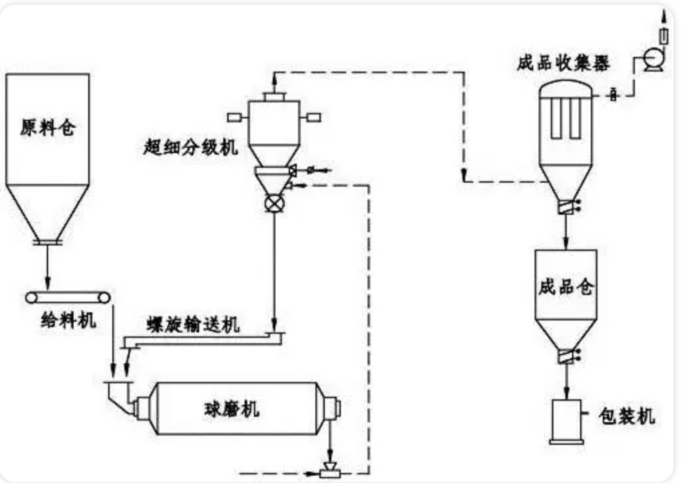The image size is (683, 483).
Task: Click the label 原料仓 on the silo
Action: (x=47, y=128)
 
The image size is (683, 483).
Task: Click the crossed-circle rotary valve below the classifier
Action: (x=274, y=204)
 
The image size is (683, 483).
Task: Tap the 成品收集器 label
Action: (x=563, y=64)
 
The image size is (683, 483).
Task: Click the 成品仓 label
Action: (x=565, y=289)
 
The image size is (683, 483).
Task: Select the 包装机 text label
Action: (x=626, y=417)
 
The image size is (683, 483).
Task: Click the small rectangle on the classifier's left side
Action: (x=235, y=118)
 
